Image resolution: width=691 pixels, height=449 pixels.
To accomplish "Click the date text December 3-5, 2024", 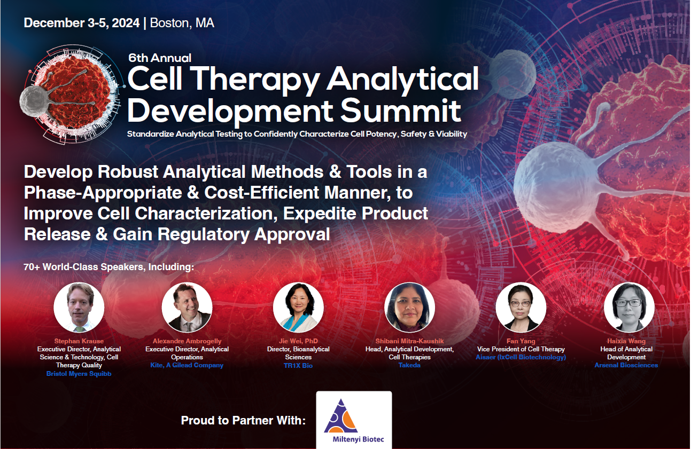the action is [x=82, y=23].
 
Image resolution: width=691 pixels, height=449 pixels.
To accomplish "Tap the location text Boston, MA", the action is [x=182, y=23].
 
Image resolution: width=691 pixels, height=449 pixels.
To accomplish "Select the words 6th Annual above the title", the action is [x=160, y=58].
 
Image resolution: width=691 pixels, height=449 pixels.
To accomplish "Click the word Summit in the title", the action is [x=401, y=111].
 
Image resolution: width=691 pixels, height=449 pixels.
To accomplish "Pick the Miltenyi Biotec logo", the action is [x=354, y=420].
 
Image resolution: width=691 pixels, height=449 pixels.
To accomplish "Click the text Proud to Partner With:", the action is [x=243, y=420].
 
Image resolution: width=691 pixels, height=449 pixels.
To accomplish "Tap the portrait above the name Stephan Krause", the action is [x=79, y=307].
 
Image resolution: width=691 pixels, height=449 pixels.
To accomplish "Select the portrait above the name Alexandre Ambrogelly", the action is [x=187, y=307].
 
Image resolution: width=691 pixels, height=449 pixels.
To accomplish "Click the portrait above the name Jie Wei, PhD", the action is [x=298, y=307].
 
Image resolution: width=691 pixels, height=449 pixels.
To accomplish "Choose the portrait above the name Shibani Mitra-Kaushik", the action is [x=410, y=307].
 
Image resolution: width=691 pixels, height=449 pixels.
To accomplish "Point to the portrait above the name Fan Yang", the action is [x=521, y=307].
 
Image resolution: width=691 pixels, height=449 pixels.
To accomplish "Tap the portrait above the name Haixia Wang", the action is [x=629, y=307].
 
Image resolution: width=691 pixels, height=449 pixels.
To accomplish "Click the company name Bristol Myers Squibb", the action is [x=79, y=374].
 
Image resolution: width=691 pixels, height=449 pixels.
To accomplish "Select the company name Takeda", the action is [x=410, y=365].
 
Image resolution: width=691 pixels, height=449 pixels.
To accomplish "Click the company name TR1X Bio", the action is [x=298, y=366].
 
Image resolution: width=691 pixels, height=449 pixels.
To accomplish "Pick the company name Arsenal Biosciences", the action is [x=626, y=365].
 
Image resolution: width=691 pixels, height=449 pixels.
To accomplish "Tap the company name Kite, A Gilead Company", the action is [x=187, y=365].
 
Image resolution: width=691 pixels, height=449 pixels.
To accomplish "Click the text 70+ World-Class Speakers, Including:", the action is [x=109, y=267].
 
